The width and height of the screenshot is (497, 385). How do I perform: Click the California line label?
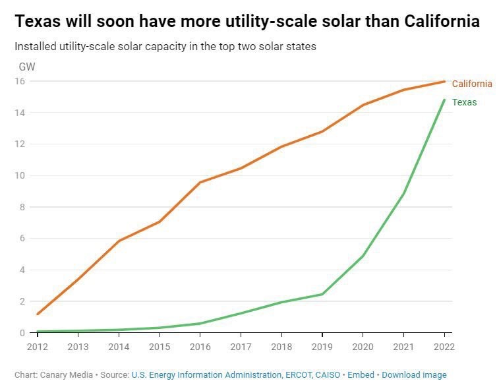coord(471,84)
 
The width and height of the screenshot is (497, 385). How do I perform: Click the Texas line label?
coord(464,102)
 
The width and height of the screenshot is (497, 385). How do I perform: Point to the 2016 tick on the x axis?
coord(200,345)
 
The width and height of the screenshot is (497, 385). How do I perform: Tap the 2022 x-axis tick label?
coord(444,345)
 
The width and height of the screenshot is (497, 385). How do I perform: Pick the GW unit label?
coord(27,67)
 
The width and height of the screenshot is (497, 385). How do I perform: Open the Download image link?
coord(414,374)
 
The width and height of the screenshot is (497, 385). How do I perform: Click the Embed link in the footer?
coord(361,374)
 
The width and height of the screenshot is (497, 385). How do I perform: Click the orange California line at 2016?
coord(200,182)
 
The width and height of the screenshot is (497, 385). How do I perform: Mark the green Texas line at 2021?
coord(403,194)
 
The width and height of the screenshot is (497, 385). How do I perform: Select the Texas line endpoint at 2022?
coord(444,100)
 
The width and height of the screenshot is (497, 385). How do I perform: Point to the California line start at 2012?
coord(38,314)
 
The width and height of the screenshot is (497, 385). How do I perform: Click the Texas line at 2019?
coord(322,294)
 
